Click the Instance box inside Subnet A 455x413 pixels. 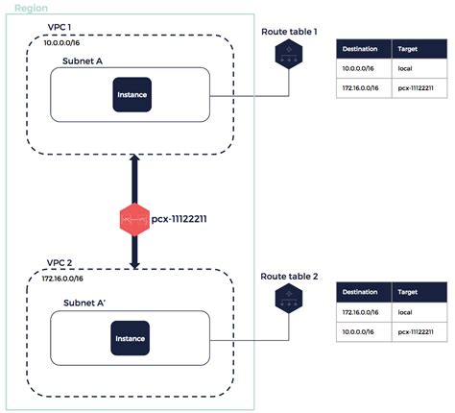(x=132, y=94)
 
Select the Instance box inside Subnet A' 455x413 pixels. (x=130, y=338)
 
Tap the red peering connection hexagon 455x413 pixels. (x=134, y=219)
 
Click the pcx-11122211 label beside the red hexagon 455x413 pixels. (x=179, y=219)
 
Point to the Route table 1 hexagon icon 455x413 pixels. (x=289, y=54)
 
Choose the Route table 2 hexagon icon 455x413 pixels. (x=289, y=299)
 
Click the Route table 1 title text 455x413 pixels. (x=289, y=32)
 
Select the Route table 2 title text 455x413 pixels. (x=289, y=277)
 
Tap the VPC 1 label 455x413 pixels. (x=60, y=27)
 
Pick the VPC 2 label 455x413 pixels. (x=60, y=263)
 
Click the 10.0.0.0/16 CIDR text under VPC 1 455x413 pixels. (x=61, y=42)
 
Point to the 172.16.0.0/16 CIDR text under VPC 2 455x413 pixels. (x=62, y=279)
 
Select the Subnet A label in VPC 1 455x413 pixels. (x=83, y=61)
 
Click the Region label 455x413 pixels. (x=32, y=8)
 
